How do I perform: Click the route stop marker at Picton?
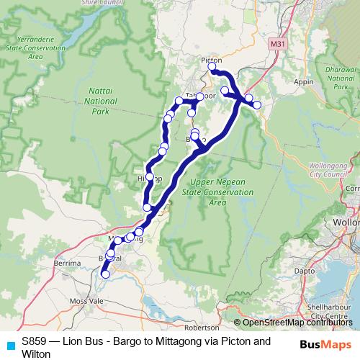[212, 67]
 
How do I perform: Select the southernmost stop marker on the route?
[105, 274]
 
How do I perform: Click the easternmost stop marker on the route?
[257, 105]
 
